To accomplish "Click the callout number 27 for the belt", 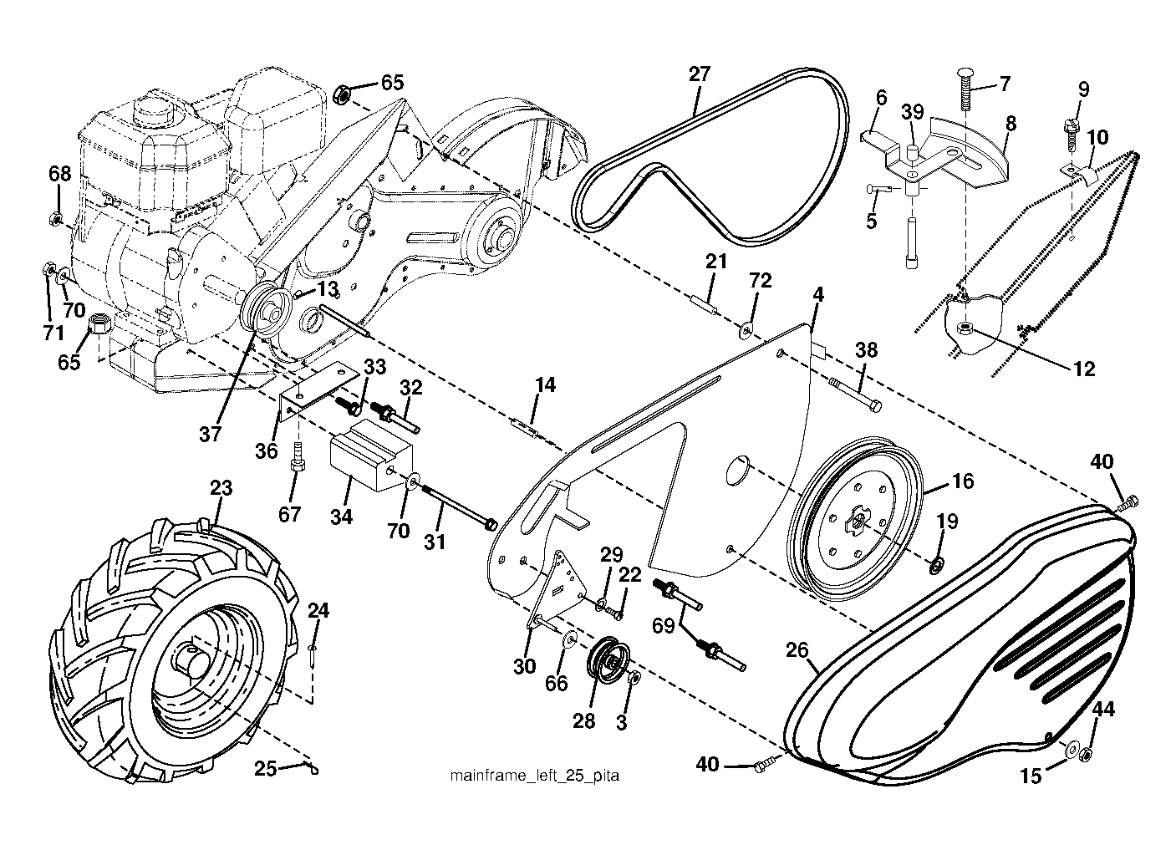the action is tap(700, 74).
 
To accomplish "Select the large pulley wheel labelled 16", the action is tap(855, 518).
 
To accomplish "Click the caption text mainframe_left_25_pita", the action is tap(534, 776).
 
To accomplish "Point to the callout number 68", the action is tap(60, 174).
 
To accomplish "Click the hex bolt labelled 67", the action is tap(298, 458).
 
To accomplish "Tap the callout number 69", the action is tap(664, 626).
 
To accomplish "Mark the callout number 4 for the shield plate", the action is tap(818, 295).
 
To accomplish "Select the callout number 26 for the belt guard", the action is tap(797, 650).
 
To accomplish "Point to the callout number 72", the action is tap(761, 281).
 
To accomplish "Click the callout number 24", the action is tap(318, 610).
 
